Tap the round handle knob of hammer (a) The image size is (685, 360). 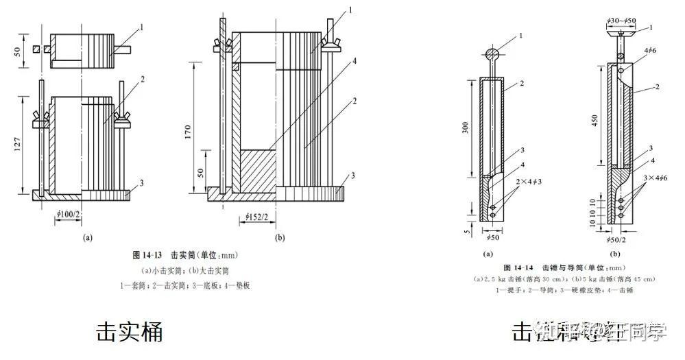pos(492,53)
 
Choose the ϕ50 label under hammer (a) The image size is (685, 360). pos(493,237)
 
